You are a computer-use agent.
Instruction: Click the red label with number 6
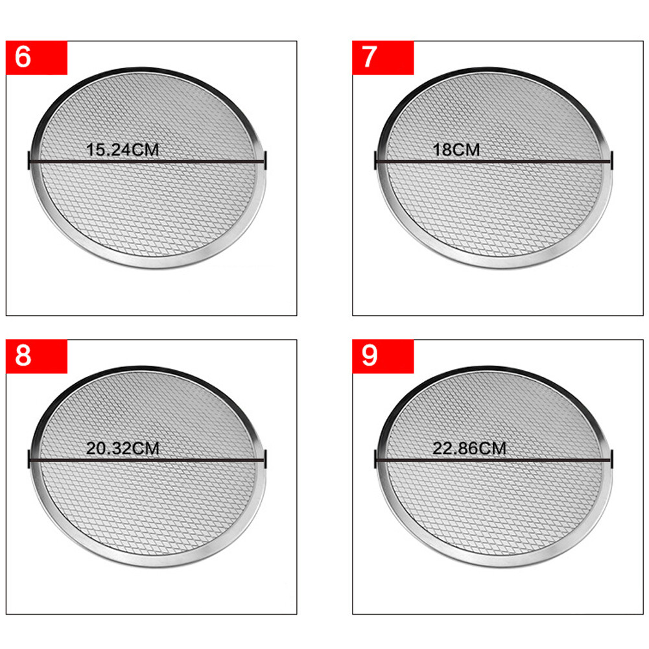click(36, 58)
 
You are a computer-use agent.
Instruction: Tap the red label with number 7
click(383, 58)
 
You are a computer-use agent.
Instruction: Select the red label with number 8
click(36, 357)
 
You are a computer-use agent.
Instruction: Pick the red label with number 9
click(383, 357)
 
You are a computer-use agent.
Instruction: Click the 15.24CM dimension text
click(123, 150)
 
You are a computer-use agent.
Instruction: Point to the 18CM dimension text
click(456, 150)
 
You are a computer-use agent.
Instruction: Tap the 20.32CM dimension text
click(123, 449)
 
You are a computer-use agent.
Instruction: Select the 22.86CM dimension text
click(469, 449)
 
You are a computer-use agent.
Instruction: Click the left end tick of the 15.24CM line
click(29, 161)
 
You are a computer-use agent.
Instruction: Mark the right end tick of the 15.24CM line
click(265, 161)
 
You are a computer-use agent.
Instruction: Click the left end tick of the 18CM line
click(375, 161)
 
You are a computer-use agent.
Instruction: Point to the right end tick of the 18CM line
click(612, 161)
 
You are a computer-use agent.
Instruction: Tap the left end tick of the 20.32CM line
click(29, 460)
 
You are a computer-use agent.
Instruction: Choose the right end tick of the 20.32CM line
click(265, 460)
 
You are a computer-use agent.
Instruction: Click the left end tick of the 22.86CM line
click(375, 460)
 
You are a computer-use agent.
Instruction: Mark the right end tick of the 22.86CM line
click(612, 460)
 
